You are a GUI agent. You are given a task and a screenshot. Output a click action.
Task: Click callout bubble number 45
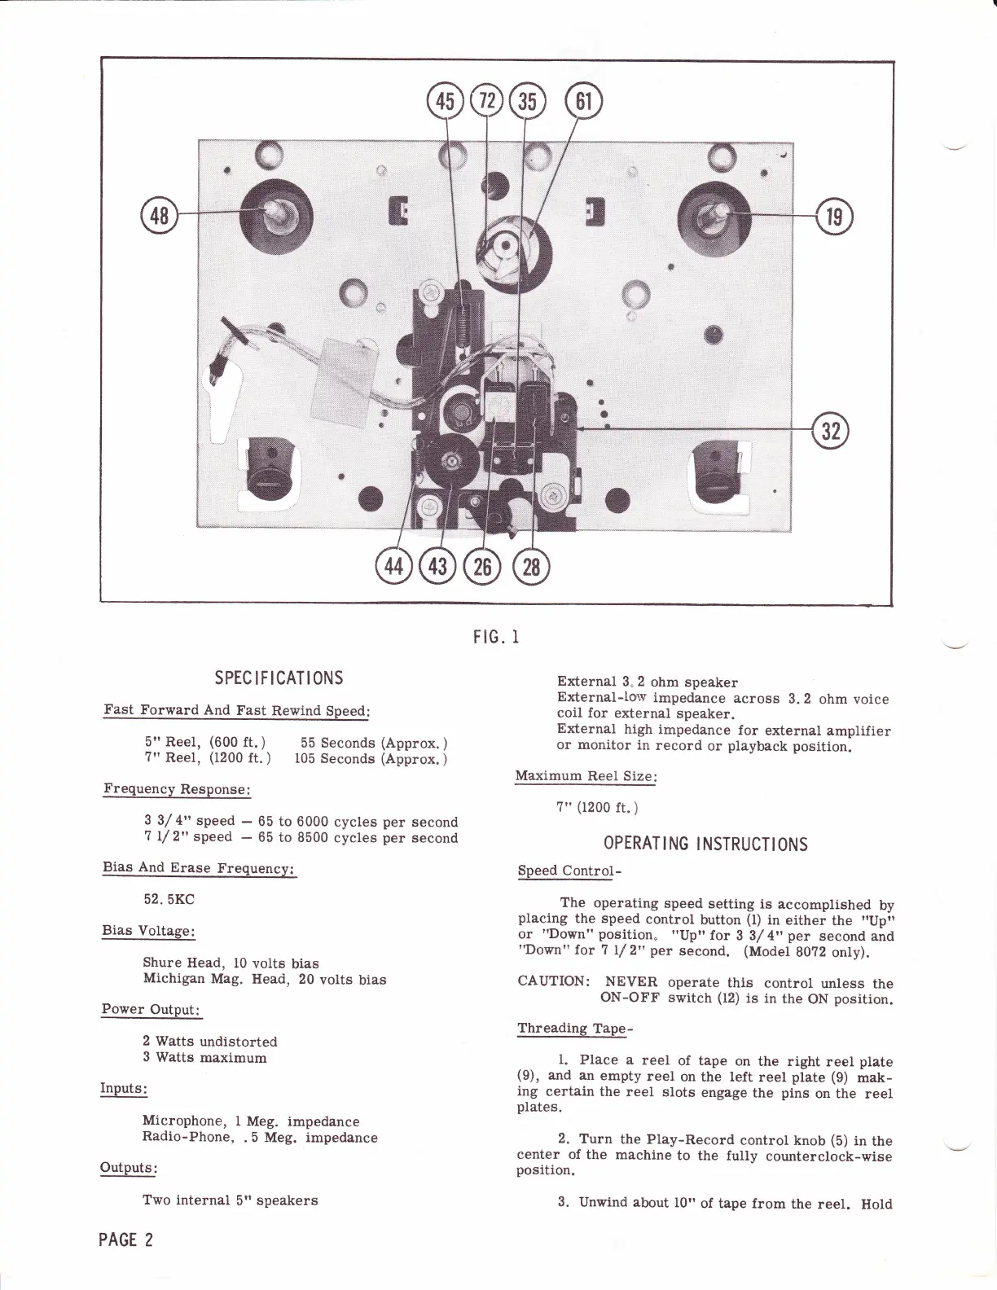coord(446,101)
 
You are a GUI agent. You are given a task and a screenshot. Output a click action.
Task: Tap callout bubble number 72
coord(486,101)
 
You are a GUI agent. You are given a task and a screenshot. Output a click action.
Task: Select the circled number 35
coord(527,101)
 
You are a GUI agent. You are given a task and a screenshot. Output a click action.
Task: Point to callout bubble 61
coord(583,101)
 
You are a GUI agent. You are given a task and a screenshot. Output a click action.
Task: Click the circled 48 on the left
coord(158,217)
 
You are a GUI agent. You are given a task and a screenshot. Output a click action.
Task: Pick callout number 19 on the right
coord(837,217)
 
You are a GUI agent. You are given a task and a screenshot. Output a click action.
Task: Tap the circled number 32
coord(831,432)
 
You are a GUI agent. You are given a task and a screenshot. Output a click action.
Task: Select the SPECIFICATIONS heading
coord(279,678)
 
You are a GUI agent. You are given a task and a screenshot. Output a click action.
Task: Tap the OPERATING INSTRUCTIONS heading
coord(705,844)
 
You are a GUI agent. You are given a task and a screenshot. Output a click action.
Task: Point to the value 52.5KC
coord(169,899)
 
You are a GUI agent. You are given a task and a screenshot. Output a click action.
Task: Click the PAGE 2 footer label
coord(125,1240)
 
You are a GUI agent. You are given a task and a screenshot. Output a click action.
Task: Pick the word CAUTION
coord(551,983)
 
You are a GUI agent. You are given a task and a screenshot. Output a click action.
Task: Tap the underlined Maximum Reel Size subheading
coord(586,776)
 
